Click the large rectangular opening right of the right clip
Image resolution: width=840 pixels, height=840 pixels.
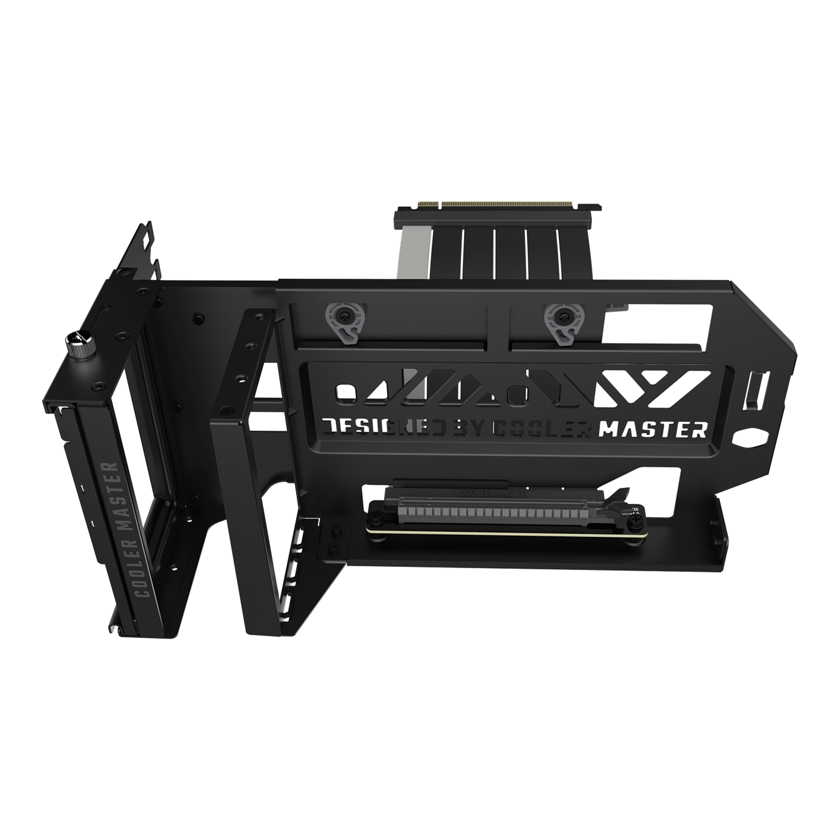(660, 323)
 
